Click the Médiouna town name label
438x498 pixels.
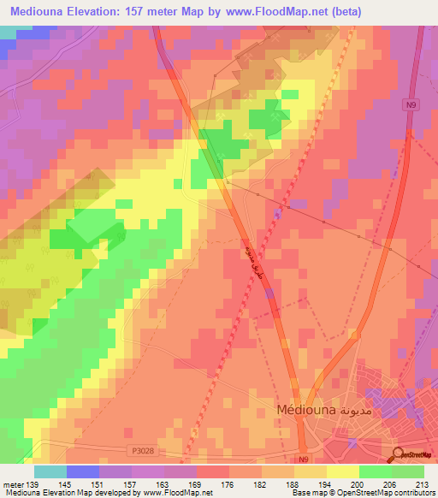pyautogui.click(x=306, y=410)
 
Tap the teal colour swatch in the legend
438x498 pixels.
pyautogui.click(x=50, y=471)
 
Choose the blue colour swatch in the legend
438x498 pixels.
pyautogui.click(x=83, y=471)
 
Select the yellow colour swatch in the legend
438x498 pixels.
pyautogui.click(x=344, y=471)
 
